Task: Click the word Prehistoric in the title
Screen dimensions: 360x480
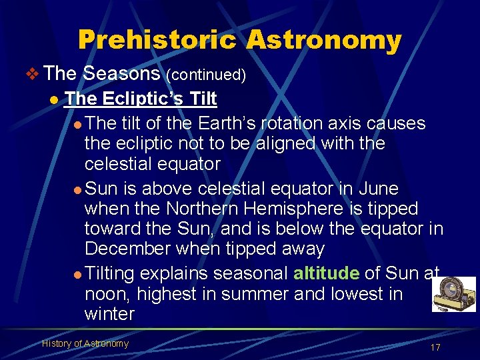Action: click(x=157, y=40)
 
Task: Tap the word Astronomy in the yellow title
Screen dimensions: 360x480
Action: click(x=324, y=40)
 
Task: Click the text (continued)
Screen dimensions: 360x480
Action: click(x=206, y=75)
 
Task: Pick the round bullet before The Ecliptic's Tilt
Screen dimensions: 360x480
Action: click(x=52, y=99)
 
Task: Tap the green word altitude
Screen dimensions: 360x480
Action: click(x=327, y=273)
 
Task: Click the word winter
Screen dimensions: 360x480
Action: click(x=109, y=313)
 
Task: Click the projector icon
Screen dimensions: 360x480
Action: click(x=453, y=294)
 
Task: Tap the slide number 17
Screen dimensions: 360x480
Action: click(x=435, y=347)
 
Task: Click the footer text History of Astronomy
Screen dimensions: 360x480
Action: click(x=85, y=343)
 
